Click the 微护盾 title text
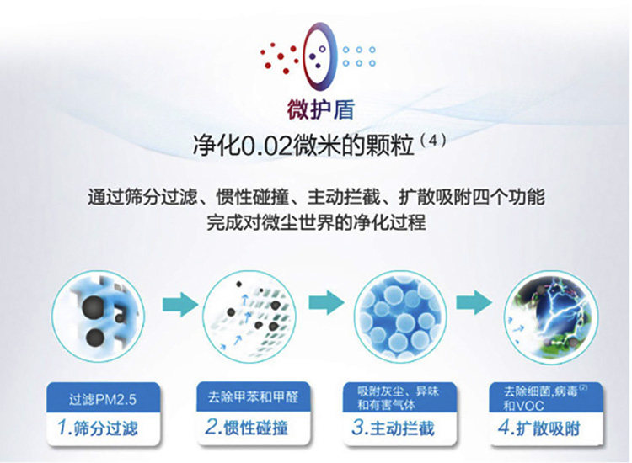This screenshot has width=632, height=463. pos(320,109)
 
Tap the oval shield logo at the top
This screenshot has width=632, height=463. pos(319,56)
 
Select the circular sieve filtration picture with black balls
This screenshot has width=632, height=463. pos(98,316)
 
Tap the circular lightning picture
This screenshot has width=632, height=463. pos(551,317)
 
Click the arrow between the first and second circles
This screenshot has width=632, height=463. pos(180,304)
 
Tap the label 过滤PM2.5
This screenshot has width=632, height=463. pos(103,399)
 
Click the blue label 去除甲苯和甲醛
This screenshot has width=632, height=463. pos(253,396)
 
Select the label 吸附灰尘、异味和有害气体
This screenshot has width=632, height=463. pos(399,398)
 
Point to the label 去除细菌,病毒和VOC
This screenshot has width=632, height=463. pos(545,398)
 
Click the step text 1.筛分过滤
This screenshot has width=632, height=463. pos(98,428)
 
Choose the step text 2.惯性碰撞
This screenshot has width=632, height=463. pos(247,427)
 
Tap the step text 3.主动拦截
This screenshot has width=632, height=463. pos(393,427)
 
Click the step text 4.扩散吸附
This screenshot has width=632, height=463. pos(539,428)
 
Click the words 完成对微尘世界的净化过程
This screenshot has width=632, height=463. pos(316,222)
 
